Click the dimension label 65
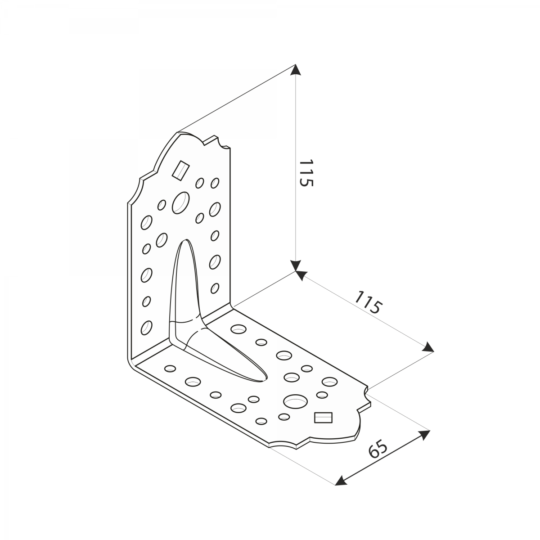(378, 454)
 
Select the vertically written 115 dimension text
(306, 173)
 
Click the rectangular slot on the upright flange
(181, 170)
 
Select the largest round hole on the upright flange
(181, 203)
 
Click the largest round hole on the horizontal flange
(295, 401)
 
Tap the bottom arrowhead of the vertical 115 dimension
(295, 265)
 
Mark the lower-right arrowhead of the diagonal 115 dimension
(429, 347)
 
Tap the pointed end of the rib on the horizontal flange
(264, 381)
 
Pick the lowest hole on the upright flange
(146, 328)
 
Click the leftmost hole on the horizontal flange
(170, 369)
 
